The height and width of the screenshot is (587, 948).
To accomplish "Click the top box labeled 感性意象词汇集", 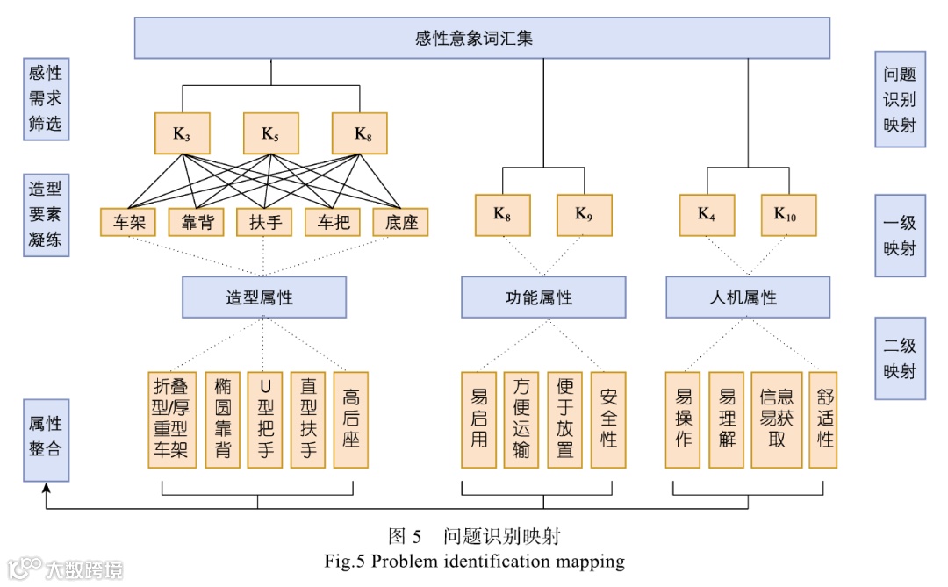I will tap(481, 39).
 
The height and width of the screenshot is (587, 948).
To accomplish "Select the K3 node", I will tap(182, 134).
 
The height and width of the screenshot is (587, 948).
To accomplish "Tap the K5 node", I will tap(270, 134).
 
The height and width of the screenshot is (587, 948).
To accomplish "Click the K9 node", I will tap(584, 214).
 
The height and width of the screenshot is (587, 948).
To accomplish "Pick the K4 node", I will tap(707, 214).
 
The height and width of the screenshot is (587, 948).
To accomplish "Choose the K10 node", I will tap(788, 214).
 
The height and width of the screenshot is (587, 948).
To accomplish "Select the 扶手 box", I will tap(264, 222).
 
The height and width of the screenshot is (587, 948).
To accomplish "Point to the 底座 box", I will tap(400, 222).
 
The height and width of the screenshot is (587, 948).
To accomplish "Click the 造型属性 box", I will tap(264, 297).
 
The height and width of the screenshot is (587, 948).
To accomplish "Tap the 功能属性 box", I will tap(543, 297).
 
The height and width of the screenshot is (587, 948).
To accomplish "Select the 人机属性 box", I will tap(747, 297).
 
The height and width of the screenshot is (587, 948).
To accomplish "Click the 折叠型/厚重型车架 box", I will tap(171, 420).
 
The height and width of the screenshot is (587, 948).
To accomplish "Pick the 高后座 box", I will tap(351, 420).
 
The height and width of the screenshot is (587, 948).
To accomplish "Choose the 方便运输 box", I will tap(521, 420).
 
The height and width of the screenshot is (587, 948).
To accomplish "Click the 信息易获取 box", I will tap(777, 420).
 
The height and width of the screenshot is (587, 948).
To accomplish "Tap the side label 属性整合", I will tap(46, 440).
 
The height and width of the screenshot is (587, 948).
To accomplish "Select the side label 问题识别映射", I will tap(900, 98).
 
